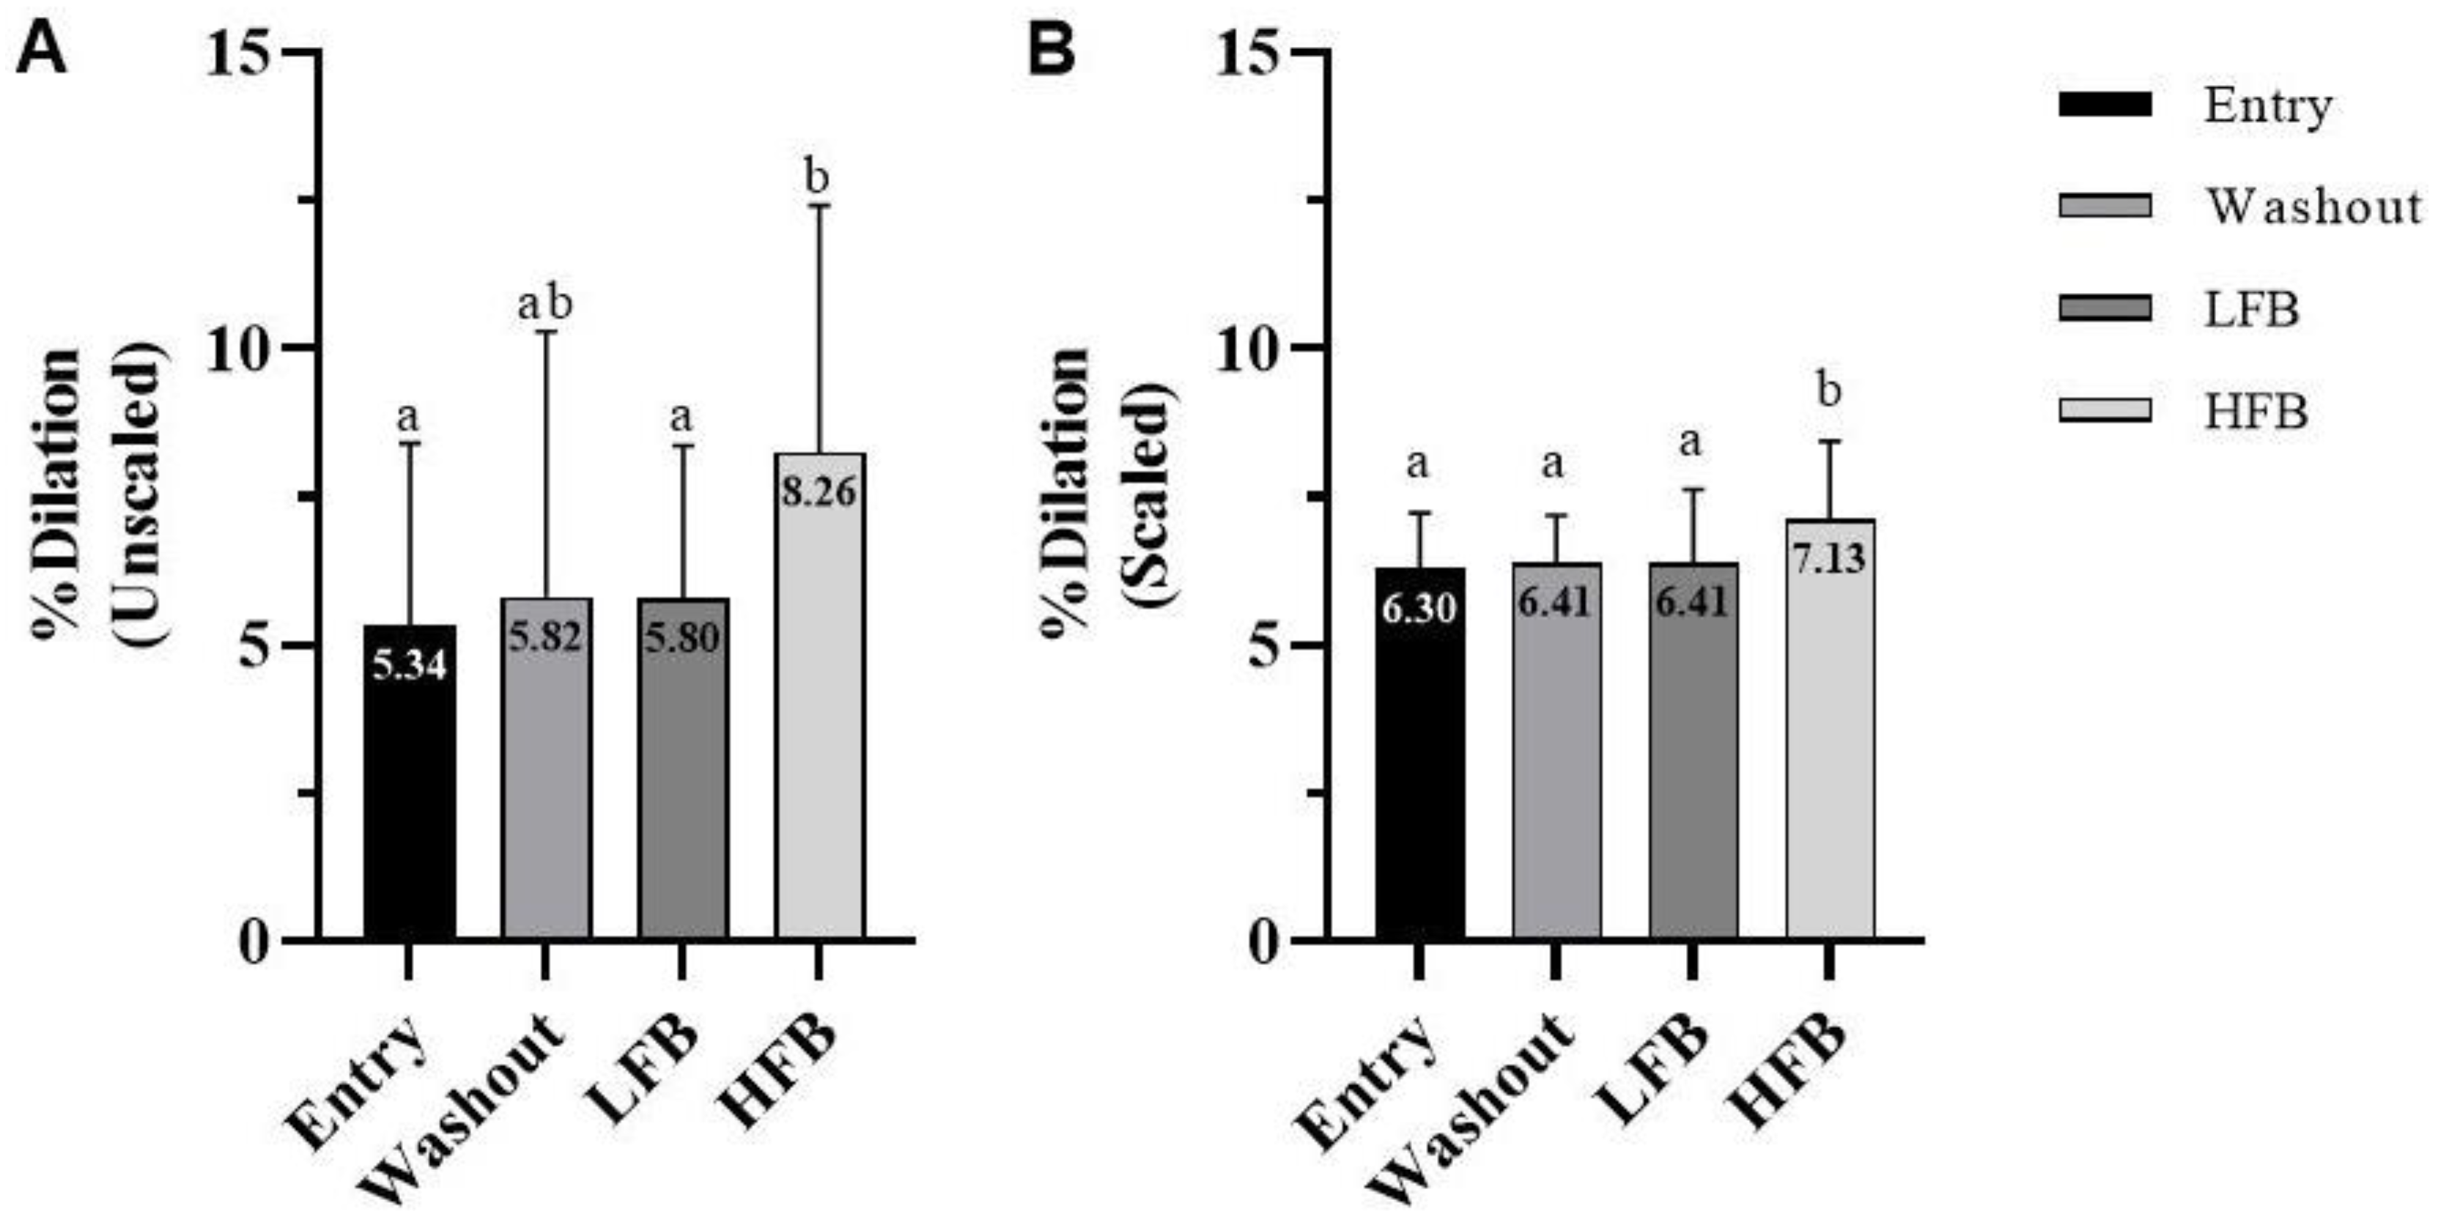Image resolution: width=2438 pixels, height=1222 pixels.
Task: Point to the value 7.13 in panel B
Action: click(x=1830, y=558)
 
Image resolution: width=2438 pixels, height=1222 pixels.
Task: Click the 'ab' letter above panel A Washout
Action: click(x=545, y=305)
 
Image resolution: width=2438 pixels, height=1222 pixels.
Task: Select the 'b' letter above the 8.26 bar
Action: click(x=816, y=177)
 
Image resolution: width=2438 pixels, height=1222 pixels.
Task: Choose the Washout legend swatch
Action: click(x=2104, y=205)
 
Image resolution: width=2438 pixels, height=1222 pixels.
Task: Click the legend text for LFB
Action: click(x=2250, y=308)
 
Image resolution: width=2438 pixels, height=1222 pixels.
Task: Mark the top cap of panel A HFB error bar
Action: click(x=819, y=205)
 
